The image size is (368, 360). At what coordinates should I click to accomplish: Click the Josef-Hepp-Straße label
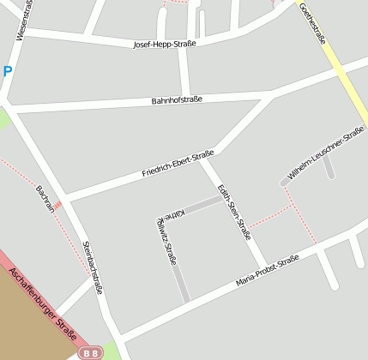[x=165, y=44]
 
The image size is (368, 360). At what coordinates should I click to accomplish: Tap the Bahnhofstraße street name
[x=177, y=100]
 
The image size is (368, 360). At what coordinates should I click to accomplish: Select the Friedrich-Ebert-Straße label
[x=178, y=164]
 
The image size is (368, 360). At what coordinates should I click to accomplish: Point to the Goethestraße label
[x=312, y=23]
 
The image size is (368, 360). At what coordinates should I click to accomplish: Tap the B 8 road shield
[x=89, y=352]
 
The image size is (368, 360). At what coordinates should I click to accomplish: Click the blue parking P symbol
[x=7, y=72]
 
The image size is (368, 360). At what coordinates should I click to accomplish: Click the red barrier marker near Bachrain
[x=57, y=205]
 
